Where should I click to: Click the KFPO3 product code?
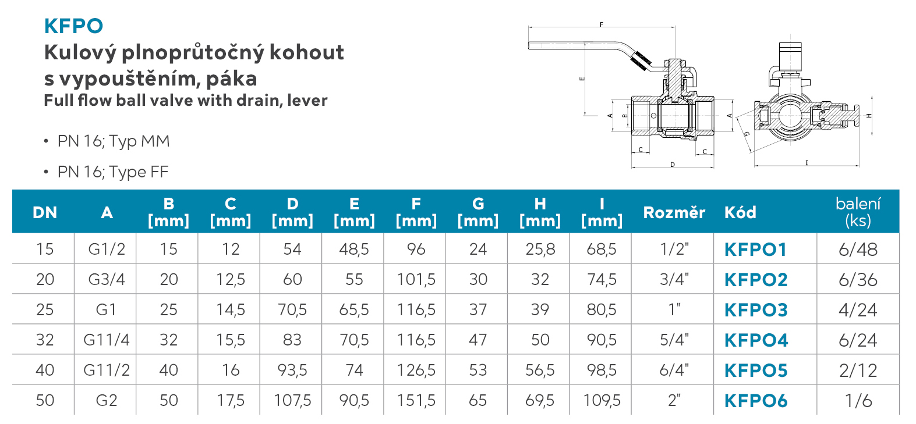tap(756, 310)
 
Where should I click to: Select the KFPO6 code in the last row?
tap(756, 401)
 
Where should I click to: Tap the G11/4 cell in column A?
tap(107, 340)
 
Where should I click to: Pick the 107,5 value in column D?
tap(292, 400)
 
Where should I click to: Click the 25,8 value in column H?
tap(540, 249)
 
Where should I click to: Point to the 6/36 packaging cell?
tap(858, 280)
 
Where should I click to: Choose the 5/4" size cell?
tap(674, 340)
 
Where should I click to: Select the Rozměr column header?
tap(674, 212)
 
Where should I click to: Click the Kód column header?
tap(740, 212)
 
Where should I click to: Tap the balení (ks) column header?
tap(858, 212)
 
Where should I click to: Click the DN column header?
tap(45, 212)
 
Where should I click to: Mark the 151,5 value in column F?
tap(416, 400)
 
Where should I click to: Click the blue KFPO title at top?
tap(73, 26)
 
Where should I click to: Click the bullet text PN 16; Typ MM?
tap(114, 141)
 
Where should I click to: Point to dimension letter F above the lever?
tap(602, 24)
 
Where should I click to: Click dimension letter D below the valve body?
tap(673, 165)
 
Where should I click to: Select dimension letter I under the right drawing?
tap(807, 163)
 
